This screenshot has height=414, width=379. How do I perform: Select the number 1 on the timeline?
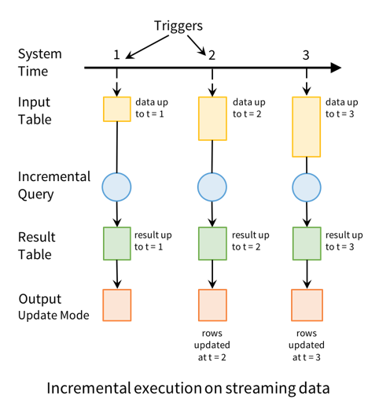[116, 54]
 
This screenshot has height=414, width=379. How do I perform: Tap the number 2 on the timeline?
[211, 54]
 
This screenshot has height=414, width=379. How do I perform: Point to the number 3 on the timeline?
[306, 54]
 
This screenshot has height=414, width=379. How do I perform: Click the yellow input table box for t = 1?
[116, 109]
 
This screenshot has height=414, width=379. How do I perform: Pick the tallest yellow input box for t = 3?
[306, 126]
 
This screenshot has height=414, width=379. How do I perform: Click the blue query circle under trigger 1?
[116, 186]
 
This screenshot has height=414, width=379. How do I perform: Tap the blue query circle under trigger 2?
[211, 186]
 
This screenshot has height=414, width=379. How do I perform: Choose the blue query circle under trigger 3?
[306, 186]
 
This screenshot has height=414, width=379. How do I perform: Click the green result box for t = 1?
[116, 242]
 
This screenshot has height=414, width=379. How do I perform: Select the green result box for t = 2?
[211, 242]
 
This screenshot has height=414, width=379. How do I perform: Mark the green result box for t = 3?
[306, 242]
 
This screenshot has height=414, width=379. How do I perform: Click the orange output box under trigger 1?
[116, 304]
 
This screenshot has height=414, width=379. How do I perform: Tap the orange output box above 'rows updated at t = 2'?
[211, 304]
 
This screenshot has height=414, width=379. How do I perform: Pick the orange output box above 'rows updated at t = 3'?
[306, 304]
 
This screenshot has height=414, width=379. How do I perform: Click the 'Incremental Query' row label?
[54, 186]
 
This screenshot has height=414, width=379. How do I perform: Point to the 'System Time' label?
[40, 62]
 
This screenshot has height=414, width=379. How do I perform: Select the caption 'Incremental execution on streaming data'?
[189, 388]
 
